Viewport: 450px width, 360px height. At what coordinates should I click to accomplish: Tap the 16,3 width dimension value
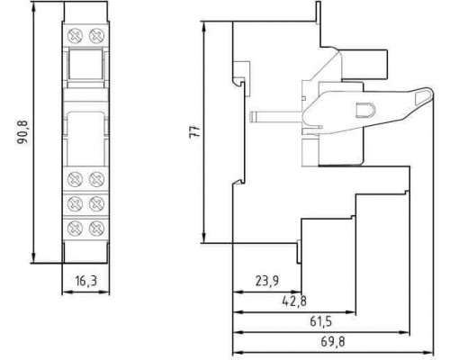pos(86,281)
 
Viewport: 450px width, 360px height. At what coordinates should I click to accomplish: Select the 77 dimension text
pos(194,131)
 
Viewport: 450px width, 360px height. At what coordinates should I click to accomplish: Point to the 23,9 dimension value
pos(267,281)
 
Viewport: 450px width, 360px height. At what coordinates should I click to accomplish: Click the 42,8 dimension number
pos(294,301)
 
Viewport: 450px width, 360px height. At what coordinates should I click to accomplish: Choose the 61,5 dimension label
pos(320,321)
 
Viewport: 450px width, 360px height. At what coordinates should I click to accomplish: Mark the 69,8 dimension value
pos(333,342)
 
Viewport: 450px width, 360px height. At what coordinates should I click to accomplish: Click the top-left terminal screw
pos(75,37)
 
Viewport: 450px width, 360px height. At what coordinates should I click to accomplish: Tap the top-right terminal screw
pos(96,37)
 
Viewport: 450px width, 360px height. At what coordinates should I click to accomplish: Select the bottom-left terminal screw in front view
pos(75,229)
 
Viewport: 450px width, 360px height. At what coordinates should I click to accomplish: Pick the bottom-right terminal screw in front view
pos(96,229)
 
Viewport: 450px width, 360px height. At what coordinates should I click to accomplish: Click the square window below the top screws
pos(85,64)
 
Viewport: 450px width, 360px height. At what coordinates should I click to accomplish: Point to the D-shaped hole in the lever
pos(364,110)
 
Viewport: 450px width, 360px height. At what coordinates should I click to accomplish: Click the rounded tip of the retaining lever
pos(431,93)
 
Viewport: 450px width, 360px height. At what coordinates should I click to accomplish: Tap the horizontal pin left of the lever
pos(276,116)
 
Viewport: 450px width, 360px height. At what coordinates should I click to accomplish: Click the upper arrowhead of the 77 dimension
pos(204,27)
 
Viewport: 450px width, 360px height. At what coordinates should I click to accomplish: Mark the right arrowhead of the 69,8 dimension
pos(428,352)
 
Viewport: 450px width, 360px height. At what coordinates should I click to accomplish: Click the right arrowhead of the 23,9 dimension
pos(296,292)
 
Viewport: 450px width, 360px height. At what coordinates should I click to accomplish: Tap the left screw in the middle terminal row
pos(75,204)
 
